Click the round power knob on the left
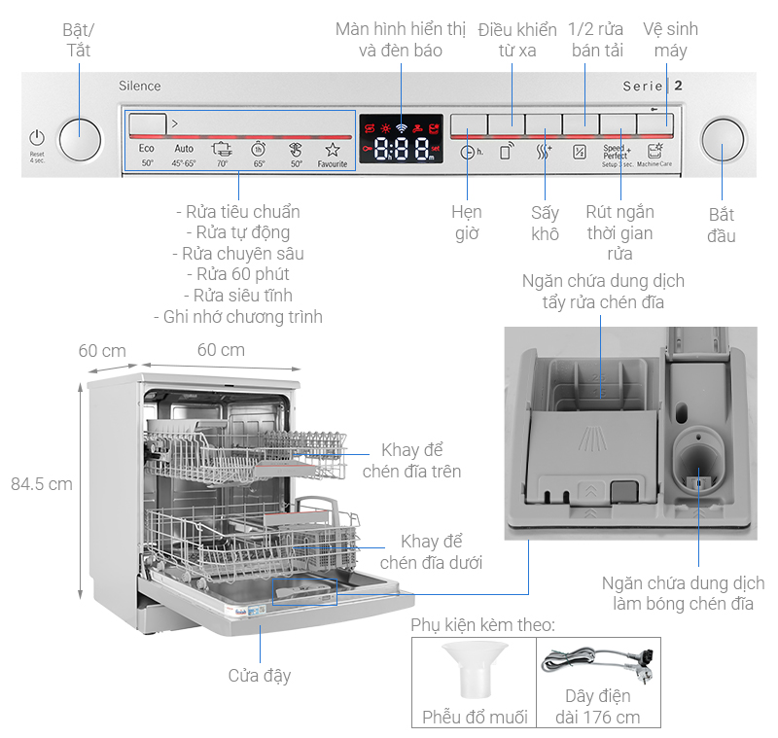(x=80, y=140)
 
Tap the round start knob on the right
(x=721, y=140)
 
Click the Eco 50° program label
(x=147, y=155)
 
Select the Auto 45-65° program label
(x=184, y=155)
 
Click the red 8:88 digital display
(x=403, y=148)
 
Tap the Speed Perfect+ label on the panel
(x=615, y=153)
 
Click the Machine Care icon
(x=654, y=153)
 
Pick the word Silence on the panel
(x=140, y=87)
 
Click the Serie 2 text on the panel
(x=653, y=86)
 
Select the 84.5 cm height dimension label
(x=41, y=483)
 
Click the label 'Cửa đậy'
(x=260, y=675)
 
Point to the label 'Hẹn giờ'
(x=467, y=223)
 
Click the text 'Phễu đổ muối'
(x=475, y=718)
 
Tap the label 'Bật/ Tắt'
(x=76, y=39)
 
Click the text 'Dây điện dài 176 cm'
(x=598, y=707)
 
